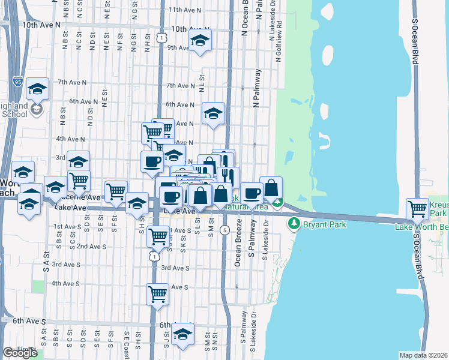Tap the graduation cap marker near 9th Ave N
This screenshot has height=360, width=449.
199,41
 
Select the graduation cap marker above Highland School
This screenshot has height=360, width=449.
37,89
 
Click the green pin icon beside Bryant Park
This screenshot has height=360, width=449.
294,224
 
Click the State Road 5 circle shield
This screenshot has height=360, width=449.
224,230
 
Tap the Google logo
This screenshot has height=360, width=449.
20,353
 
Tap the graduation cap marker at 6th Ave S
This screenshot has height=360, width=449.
182,335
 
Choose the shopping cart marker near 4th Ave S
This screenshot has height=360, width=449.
157,294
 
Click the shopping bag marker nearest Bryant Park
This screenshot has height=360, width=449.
271,188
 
